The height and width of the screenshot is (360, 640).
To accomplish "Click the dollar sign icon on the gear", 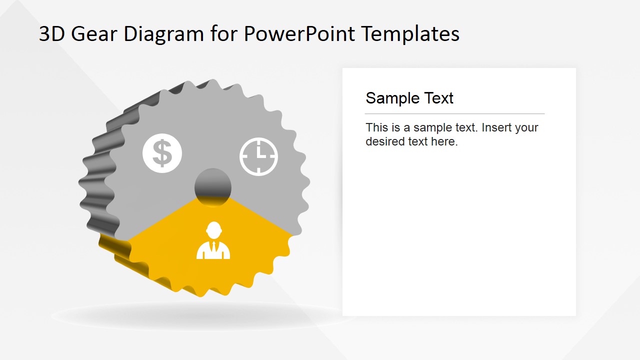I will [x=162, y=153].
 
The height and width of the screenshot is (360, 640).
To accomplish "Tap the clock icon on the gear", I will [x=258, y=156].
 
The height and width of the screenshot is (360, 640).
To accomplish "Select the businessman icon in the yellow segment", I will [x=213, y=241].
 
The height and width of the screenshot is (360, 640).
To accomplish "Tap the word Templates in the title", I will [x=410, y=34].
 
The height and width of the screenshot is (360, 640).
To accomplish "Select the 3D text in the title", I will [x=51, y=34].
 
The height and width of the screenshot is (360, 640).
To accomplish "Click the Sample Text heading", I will [x=409, y=98].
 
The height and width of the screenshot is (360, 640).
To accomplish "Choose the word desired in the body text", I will [x=384, y=141].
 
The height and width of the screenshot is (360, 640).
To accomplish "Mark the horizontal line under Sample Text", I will [x=454, y=114].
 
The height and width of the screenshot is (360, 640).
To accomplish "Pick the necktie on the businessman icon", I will [x=213, y=247].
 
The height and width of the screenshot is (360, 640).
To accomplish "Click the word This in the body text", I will [x=376, y=127].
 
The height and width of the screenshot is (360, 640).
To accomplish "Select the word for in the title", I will [x=223, y=34].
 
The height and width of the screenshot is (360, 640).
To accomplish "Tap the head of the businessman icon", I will [x=213, y=230].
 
